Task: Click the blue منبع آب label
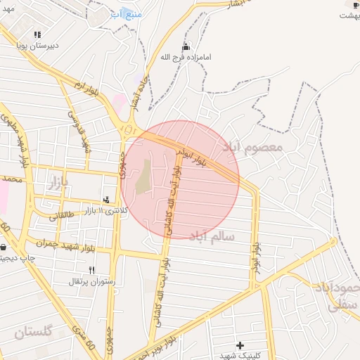(127, 14)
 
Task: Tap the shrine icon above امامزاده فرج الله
(186, 46)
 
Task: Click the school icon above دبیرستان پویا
(37, 34)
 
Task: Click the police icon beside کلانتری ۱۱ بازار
(106, 200)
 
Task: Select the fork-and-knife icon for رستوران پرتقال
(91, 270)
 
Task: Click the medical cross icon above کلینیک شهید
(240, 345)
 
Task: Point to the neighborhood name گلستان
(34, 331)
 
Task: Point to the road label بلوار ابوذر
(253, 259)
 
